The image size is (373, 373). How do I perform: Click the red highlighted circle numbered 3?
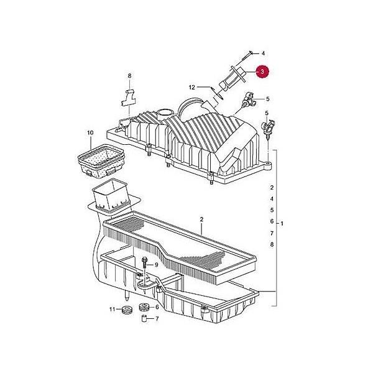(262, 71)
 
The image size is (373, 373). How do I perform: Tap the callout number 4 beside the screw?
(263, 53)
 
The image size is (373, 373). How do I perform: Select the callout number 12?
(191, 88)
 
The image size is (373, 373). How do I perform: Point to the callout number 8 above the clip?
(129, 76)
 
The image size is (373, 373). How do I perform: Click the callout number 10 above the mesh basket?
(90, 133)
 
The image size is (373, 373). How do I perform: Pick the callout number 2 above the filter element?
(201, 219)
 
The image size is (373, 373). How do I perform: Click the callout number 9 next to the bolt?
(156, 265)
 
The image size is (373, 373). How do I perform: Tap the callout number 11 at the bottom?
(112, 309)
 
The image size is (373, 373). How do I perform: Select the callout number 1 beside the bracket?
(282, 224)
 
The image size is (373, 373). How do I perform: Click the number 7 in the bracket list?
(272, 233)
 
